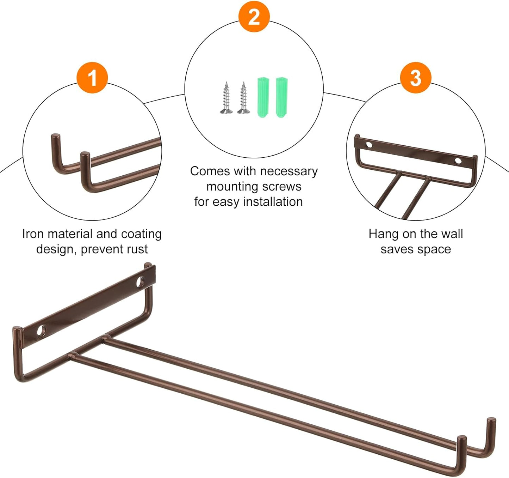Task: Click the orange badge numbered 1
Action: coord(92,78)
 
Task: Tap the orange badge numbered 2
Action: coord(254,17)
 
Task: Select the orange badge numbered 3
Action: coord(416,78)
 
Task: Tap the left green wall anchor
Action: coord(263,97)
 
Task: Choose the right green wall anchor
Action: coord(281,97)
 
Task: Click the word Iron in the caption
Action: coord(33,234)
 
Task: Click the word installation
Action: coord(273,202)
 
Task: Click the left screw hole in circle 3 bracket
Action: coord(369,145)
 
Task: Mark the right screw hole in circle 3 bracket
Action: coord(458,161)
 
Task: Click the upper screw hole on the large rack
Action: coord(140,282)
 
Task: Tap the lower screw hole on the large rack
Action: coord(42,331)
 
